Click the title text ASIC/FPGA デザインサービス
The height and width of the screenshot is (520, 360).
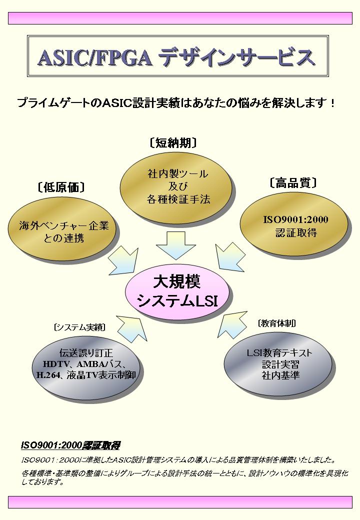tap(176, 57)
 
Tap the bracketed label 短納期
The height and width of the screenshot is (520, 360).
tap(173, 143)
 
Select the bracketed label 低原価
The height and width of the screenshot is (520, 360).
tap(61, 187)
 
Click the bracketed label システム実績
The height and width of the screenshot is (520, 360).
tap(79, 327)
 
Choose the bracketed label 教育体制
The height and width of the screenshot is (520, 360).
tap(277, 323)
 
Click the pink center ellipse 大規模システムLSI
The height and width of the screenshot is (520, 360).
tap(177, 291)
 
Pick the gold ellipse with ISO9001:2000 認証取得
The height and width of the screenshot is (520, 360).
tap(293, 224)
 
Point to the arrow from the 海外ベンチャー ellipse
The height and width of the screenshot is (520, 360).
tap(124, 261)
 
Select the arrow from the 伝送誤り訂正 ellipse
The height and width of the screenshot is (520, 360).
tap(132, 329)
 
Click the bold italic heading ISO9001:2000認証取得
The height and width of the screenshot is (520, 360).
tap(70, 445)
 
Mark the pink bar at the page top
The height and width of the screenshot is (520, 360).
tap(180, 18)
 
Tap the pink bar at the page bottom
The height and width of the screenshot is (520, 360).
tap(180, 502)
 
